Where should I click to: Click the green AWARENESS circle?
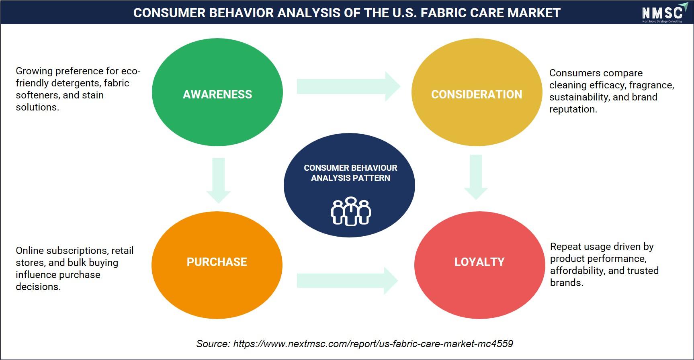217,92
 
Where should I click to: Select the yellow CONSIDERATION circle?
477,92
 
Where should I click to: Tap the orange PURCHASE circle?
217,265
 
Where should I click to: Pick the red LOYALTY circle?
479,265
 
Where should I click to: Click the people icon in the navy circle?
350,211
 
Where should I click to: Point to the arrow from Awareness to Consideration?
348,86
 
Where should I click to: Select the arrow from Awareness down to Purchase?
219,180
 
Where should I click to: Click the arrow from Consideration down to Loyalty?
476,177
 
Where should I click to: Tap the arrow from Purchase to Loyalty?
348,280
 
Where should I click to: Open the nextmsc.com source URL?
373,344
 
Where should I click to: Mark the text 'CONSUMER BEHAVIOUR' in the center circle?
350,168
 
